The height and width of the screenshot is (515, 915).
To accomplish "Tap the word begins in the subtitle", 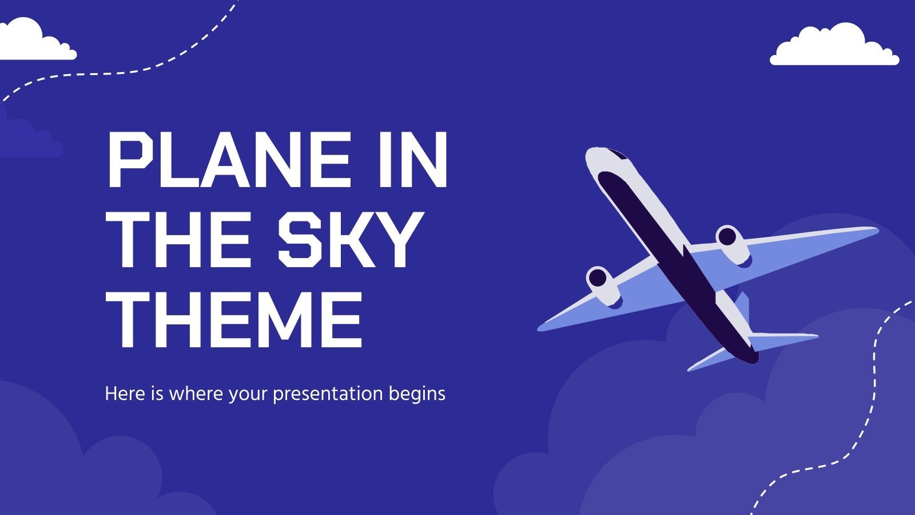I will point(417,394).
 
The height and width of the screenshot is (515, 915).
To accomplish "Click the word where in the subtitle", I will point(197,394).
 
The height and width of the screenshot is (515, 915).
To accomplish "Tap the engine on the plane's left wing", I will point(602,283).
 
